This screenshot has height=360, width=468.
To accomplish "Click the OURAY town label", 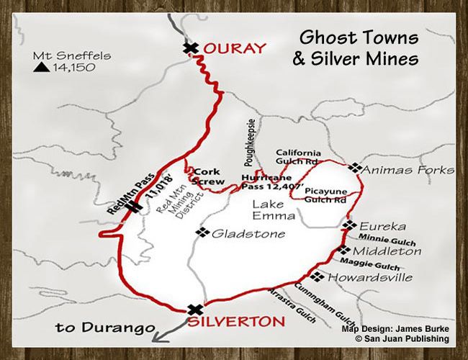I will [x=233, y=49].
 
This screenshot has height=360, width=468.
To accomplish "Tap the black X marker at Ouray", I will [x=190, y=48].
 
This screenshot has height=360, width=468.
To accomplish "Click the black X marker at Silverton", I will [x=194, y=310].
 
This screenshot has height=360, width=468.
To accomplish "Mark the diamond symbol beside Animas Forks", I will [x=354, y=167].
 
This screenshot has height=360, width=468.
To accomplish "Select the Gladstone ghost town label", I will [x=238, y=233].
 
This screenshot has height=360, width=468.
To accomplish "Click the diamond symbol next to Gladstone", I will [x=202, y=233].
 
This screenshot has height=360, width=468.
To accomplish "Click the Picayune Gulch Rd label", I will [x=324, y=194].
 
